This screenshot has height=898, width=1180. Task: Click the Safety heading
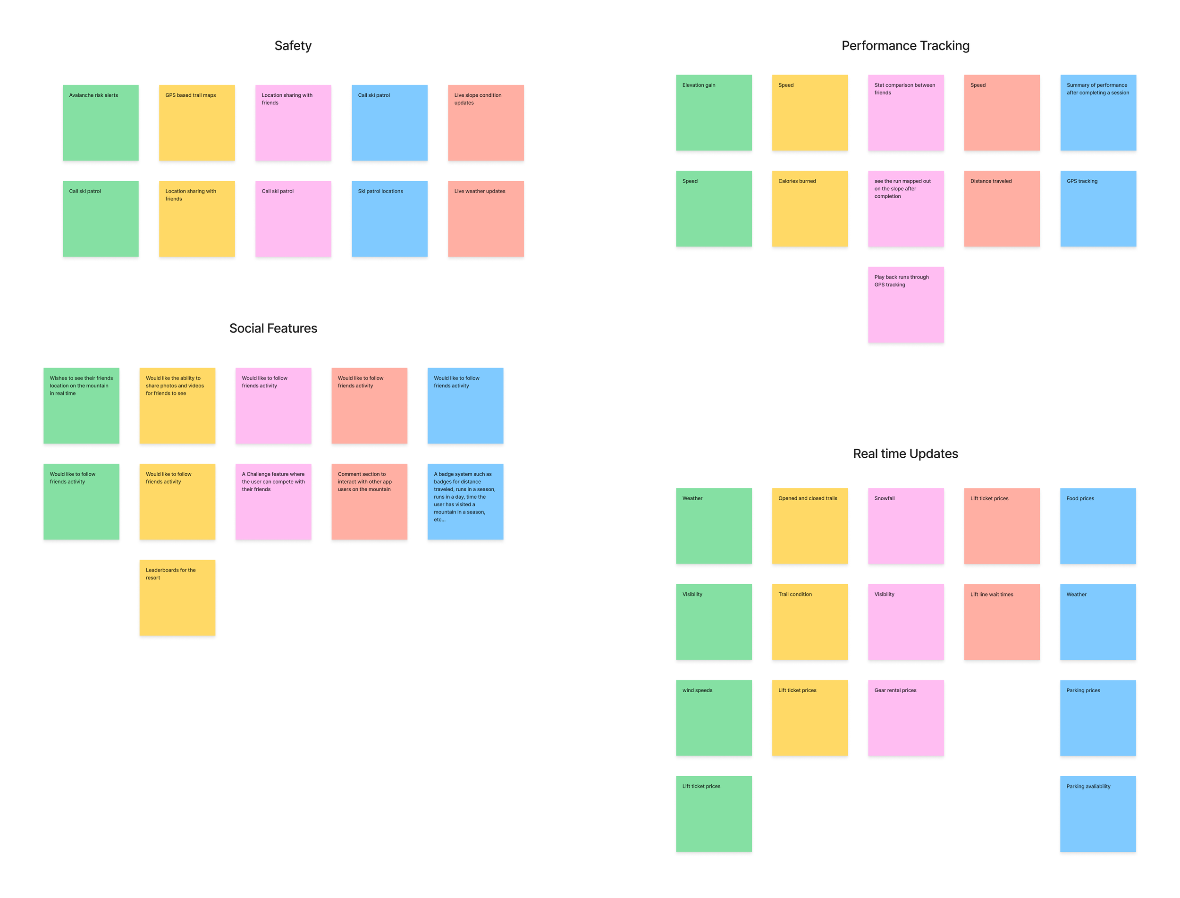[x=293, y=46]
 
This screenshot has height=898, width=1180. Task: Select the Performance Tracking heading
[x=905, y=46]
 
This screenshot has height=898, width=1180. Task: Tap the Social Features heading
[x=273, y=328]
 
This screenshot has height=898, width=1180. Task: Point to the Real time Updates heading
[x=905, y=453]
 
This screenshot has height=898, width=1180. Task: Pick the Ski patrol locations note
[x=389, y=218]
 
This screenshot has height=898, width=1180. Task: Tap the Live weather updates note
[x=486, y=218]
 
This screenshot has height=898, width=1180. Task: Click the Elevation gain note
[x=713, y=112]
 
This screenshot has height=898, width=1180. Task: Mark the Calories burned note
[x=809, y=209]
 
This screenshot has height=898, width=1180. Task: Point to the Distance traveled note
[x=1002, y=209]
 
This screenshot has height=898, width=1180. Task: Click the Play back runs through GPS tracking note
[x=905, y=305]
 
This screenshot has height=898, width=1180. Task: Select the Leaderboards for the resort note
[x=177, y=597]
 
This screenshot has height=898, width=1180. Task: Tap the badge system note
[x=465, y=502]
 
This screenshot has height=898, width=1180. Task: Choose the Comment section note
[x=369, y=502]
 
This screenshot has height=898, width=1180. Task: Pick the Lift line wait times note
[x=1002, y=621]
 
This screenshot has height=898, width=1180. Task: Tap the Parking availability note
[x=1098, y=814]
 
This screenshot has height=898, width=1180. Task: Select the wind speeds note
[x=713, y=717]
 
